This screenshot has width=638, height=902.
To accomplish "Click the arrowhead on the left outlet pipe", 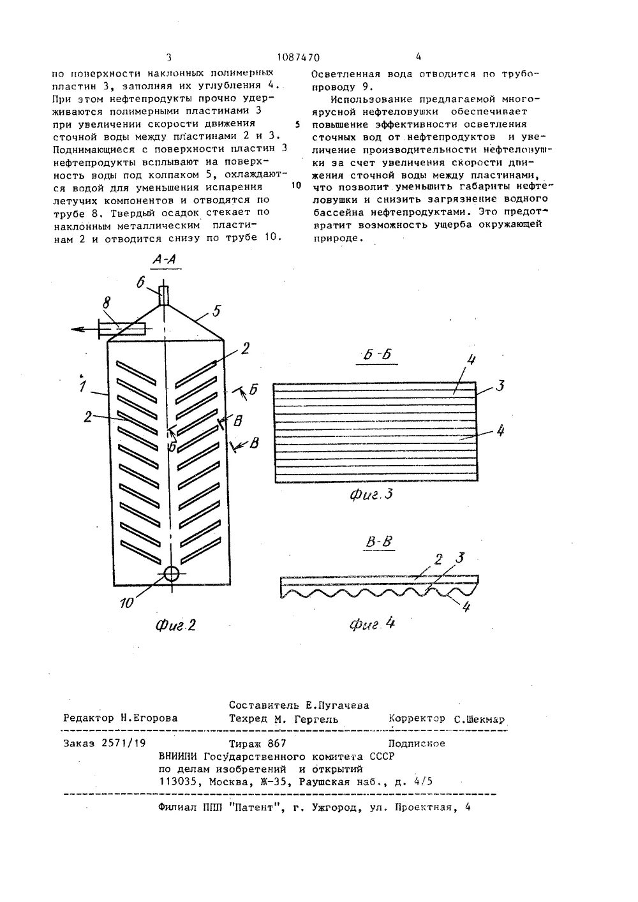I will coord(77,329).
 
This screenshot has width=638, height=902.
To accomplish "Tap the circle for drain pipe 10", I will coord(171,573).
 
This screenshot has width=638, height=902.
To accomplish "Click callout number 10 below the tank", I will coord(128,601).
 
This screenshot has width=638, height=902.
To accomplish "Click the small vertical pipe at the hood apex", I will coord(163,295).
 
